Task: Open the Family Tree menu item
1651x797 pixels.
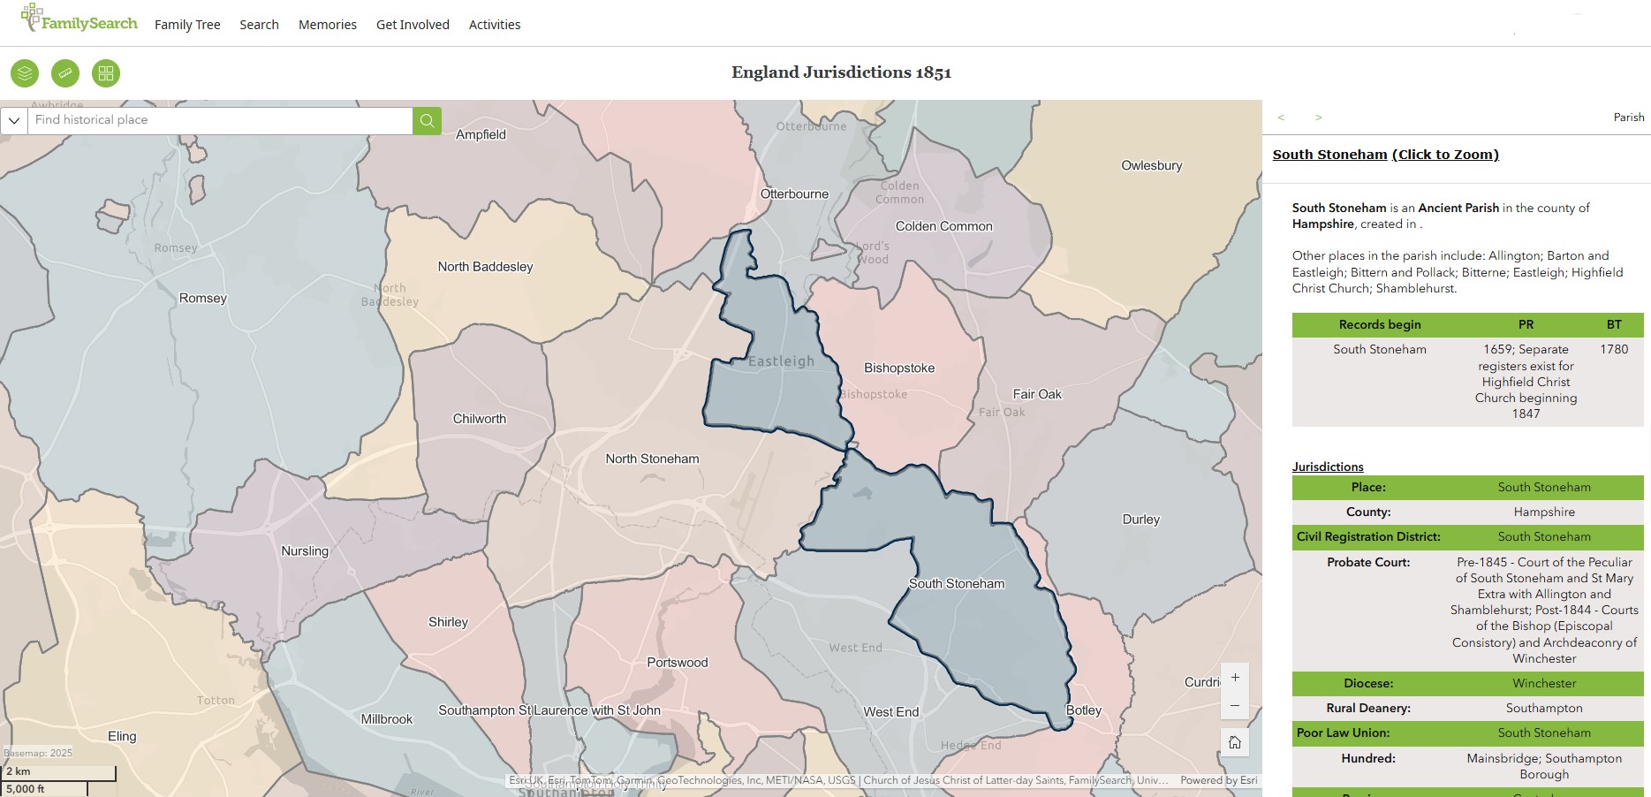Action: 187,25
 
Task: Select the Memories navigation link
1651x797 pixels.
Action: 327,25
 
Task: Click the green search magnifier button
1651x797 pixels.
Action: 427,120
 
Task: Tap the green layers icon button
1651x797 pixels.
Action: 25,73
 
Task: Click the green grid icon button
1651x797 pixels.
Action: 106,73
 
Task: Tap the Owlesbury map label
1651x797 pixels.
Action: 1151,165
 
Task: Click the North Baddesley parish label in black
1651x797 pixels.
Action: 485,267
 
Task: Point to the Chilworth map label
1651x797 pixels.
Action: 480,419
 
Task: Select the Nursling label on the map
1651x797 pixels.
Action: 305,551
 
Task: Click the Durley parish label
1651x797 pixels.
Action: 1140,520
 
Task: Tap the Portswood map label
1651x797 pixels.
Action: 678,663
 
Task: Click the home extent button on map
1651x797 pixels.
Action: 1235,742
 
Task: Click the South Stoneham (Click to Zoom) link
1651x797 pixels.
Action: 1385,155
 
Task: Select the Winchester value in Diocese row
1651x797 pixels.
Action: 1543,683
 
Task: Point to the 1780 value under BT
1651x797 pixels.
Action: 1613,349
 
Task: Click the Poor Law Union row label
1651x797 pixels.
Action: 1343,732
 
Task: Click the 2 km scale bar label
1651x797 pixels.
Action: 19,771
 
